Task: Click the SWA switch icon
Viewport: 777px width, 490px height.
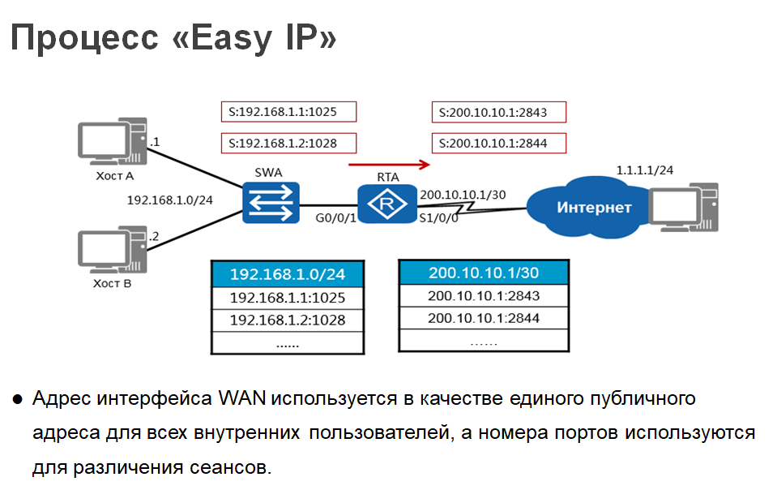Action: [271, 202]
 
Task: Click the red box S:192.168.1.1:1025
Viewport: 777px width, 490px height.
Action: [289, 111]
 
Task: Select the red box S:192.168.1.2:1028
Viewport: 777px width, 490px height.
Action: [289, 144]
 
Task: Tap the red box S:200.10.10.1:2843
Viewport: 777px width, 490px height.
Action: [498, 111]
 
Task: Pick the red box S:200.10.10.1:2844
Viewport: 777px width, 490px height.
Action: [498, 144]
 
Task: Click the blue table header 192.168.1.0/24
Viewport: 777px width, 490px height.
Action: [287, 274]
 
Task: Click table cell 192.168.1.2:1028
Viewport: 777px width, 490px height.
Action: [287, 320]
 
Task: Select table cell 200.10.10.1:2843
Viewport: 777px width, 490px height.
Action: [484, 296]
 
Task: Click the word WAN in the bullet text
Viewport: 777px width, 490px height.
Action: [241, 400]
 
